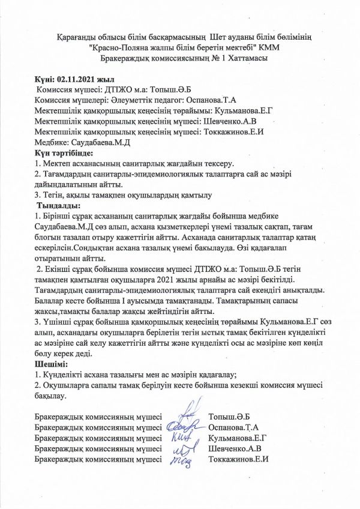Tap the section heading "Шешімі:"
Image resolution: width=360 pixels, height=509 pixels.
tap(52, 364)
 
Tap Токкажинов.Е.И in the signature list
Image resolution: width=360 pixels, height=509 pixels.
tap(238, 459)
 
